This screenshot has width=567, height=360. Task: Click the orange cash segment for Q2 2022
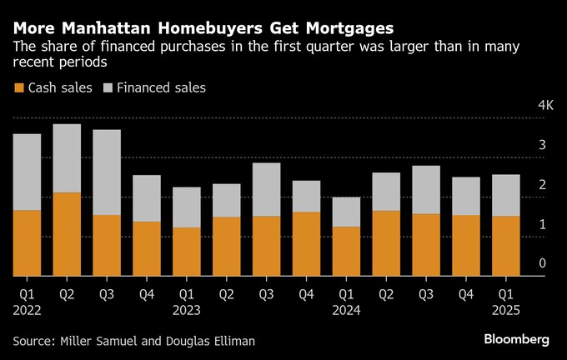pos(67,234)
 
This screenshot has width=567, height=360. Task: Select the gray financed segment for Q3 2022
pos(107,172)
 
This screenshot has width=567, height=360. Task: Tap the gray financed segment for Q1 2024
pos(346,212)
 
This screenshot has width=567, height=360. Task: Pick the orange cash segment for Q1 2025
pos(505,246)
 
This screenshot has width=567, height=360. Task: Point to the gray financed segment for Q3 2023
pos(266,189)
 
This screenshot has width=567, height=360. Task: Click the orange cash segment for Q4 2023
pos(306,243)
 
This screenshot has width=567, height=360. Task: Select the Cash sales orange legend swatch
pos(18,87)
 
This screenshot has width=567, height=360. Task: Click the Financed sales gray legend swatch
pos(108,87)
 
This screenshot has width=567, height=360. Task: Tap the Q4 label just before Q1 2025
pos(466,293)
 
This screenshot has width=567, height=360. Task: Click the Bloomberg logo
pos(516,339)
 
